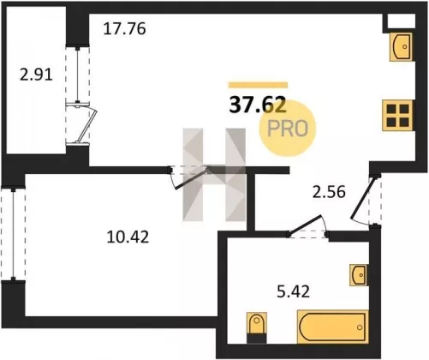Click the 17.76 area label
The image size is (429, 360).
124,29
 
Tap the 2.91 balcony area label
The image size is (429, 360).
36,75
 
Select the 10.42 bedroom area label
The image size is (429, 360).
128,237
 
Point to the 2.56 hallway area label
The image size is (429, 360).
329,192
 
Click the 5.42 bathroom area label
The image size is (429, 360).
294,292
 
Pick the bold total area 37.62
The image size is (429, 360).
258,105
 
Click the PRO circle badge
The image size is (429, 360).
288,129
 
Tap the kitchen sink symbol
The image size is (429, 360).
401,46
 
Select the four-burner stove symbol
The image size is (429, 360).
398,116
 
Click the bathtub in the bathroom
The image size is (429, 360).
332,327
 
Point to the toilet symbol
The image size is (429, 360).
257,327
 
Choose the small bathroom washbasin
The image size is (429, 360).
359,275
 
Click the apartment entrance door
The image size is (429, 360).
364,197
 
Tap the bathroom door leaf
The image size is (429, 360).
305,225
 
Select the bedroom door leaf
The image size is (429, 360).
190,178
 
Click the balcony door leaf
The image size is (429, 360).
87,124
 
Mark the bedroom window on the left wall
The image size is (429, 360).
13,233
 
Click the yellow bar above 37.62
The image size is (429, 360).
258,85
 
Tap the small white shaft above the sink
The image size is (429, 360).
401,21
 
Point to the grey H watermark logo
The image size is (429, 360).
214,175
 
